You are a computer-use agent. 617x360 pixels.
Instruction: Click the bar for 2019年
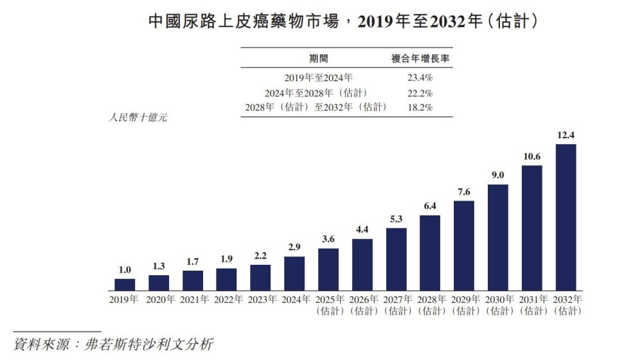pos(125,284)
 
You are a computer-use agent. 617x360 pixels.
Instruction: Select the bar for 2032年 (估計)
pos(565,217)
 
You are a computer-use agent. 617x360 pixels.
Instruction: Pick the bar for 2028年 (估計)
pos(429,252)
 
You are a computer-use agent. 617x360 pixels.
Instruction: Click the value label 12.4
pos(565,135)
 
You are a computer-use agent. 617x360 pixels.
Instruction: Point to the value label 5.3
pos(396,219)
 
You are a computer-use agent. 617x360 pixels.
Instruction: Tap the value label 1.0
pos(125,269)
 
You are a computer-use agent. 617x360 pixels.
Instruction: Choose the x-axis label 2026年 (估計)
pos(362,305)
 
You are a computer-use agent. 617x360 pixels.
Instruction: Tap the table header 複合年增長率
pos(420,59)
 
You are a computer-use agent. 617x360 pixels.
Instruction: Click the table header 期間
pos(318,59)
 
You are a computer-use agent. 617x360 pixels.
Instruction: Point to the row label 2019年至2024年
pos(318,78)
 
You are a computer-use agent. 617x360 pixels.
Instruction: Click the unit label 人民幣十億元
pos(138,118)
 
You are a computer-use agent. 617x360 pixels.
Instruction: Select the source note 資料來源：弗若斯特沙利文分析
pos(112,344)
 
